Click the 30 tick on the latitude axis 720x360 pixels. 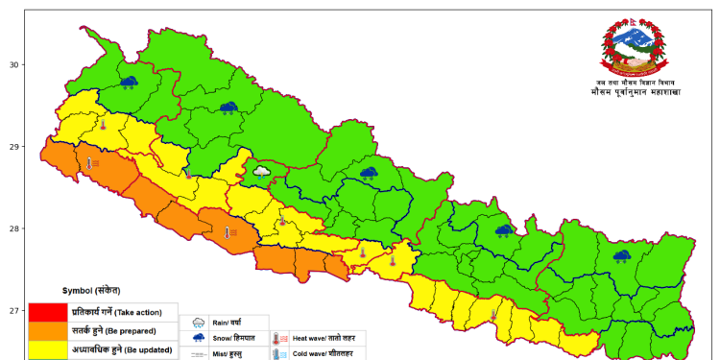tap(13, 65)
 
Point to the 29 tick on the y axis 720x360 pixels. tap(13, 147)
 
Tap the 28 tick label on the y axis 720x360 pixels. tap(13, 228)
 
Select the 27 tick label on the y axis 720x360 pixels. tap(13, 311)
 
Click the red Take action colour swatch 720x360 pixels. tap(46, 312)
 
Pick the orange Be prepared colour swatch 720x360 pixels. tap(46, 330)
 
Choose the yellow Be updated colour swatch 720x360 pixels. tap(46, 348)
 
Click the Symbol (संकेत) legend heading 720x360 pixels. tap(91, 290)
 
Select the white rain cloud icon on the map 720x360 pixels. tap(261, 172)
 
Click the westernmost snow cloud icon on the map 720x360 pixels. tap(128, 84)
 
